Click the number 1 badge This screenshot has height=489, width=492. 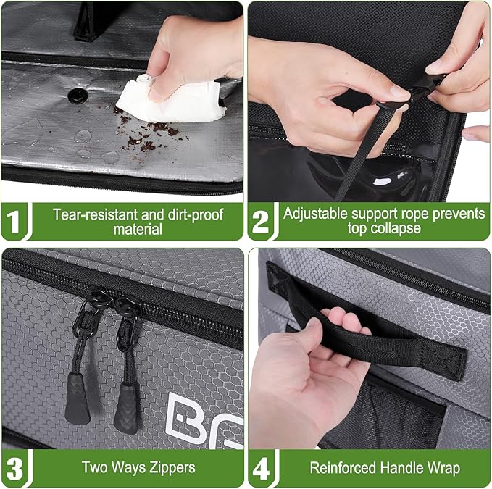(x=14, y=222)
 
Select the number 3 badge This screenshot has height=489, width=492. (x=14, y=468)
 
